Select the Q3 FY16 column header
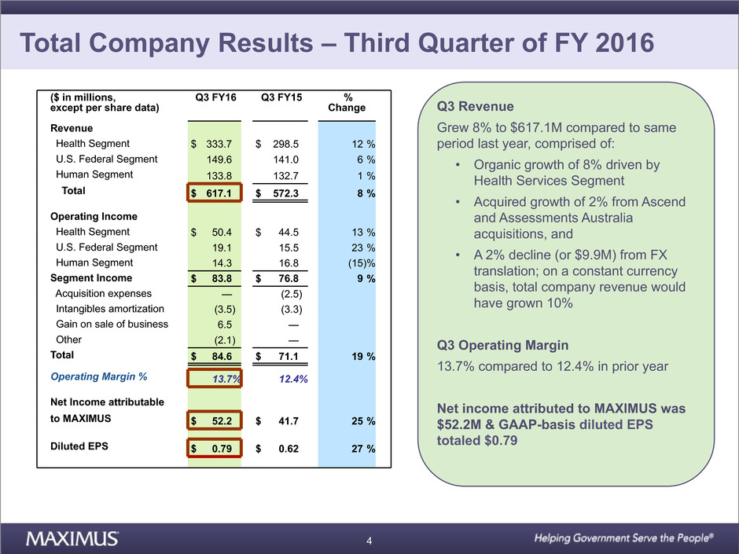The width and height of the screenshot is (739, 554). pos(215,98)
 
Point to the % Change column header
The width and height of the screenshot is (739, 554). pos(347,103)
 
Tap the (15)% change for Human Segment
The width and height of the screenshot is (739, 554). pos(359,263)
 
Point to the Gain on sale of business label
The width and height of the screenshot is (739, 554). pos(112,325)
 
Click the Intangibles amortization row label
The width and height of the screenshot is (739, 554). pos(110,309)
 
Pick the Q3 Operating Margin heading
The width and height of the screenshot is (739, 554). pos(496,346)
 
